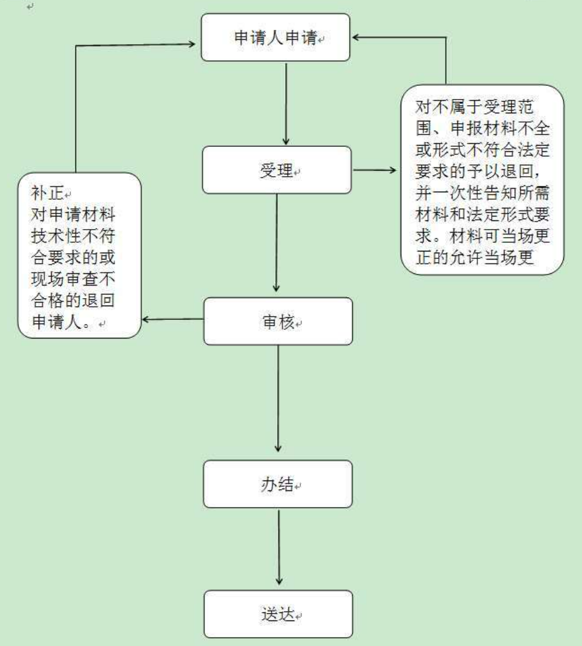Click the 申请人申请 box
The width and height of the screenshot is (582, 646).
click(275, 39)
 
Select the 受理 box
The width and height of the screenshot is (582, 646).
click(276, 169)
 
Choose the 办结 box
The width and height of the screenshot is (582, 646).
click(277, 484)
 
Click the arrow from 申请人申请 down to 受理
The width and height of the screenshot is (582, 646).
click(285, 103)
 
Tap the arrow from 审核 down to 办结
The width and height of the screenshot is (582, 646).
click(278, 398)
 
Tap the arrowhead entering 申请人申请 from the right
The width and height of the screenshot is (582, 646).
click(358, 37)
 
